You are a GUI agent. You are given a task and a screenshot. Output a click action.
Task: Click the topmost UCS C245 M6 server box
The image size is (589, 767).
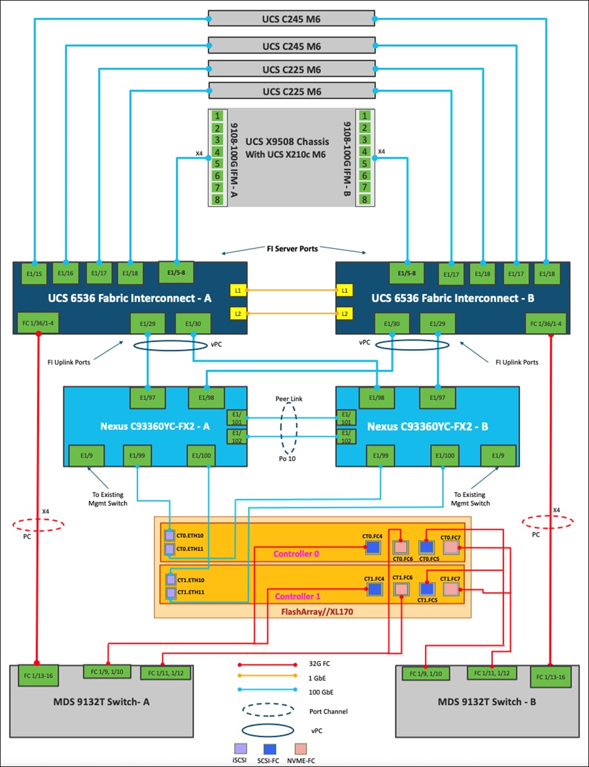click(291, 19)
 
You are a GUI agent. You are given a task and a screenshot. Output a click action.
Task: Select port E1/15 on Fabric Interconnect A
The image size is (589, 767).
click(34, 273)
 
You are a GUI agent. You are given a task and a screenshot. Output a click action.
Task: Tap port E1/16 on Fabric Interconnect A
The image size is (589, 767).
click(66, 273)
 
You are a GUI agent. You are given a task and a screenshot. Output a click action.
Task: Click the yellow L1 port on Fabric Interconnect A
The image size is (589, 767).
click(238, 291)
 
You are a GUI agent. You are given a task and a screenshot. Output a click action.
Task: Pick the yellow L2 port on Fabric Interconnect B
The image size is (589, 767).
click(345, 314)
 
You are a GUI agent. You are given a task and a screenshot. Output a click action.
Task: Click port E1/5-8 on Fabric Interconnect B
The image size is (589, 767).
click(407, 273)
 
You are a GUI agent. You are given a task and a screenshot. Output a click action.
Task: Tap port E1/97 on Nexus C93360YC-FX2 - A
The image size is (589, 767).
click(148, 397)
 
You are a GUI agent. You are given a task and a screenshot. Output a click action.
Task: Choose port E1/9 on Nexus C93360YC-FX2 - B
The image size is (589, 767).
click(498, 455)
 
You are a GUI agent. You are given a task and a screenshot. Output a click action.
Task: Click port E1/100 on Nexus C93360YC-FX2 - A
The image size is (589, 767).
click(201, 455)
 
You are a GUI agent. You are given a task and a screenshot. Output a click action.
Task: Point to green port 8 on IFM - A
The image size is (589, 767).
click(217, 200)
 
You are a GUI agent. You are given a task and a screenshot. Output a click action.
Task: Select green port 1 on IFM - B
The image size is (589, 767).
click(365, 116)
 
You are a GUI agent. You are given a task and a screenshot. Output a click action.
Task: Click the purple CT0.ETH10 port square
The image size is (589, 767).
click(170, 536)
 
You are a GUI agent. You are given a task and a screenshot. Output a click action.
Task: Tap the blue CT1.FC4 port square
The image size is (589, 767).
click(374, 589)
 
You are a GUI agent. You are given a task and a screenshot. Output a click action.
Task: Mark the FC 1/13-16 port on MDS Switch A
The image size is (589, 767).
click(38, 675)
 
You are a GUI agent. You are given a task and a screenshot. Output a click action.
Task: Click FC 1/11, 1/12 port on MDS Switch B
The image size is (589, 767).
click(492, 673)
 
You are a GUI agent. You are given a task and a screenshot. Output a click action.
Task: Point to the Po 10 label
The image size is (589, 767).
click(287, 459)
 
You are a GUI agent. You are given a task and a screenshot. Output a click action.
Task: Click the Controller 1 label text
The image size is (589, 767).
click(298, 596)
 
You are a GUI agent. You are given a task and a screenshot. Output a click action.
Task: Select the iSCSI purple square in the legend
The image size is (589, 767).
click(240, 749)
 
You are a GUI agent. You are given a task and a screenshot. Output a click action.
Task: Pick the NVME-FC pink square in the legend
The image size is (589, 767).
click(301, 749)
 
